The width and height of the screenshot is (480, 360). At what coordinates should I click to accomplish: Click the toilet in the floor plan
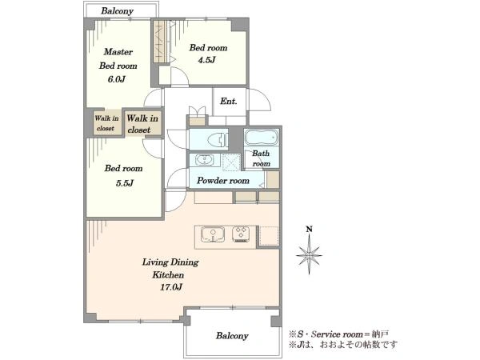pyautogui.click(x=218, y=140)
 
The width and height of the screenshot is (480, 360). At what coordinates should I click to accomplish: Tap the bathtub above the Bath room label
pyautogui.click(x=262, y=137)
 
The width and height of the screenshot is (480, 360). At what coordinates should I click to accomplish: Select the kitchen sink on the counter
pyautogui.click(x=213, y=234)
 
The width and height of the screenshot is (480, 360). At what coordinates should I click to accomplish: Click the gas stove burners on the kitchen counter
pyautogui.click(x=241, y=234)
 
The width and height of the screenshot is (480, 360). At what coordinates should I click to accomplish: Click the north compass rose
pyautogui.click(x=309, y=254)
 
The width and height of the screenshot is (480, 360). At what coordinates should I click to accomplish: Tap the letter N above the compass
pyautogui.click(x=309, y=229)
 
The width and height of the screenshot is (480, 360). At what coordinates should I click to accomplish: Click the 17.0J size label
pyautogui.click(x=171, y=287)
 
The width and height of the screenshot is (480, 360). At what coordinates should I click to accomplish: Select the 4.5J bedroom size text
pyautogui.click(x=206, y=60)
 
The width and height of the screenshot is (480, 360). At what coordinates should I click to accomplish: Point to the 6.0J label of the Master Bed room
pyautogui.click(x=116, y=79)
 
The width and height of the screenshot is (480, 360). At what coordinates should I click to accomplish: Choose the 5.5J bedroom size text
pyautogui.click(x=125, y=183)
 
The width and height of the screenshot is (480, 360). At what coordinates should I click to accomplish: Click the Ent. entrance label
pyautogui.click(x=228, y=101)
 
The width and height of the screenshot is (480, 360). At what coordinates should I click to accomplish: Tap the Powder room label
pyautogui.click(x=223, y=181)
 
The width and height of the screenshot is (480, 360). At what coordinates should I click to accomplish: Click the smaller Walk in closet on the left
pyautogui.click(x=106, y=123)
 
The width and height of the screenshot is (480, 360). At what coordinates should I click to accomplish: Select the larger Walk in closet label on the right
pyautogui.click(x=142, y=124)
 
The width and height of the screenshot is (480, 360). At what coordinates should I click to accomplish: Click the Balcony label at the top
pyautogui.click(x=118, y=11)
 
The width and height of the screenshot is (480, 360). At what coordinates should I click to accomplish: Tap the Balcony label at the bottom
pyautogui.click(x=232, y=336)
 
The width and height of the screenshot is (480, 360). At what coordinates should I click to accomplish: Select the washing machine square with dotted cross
pyautogui.click(x=231, y=162)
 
